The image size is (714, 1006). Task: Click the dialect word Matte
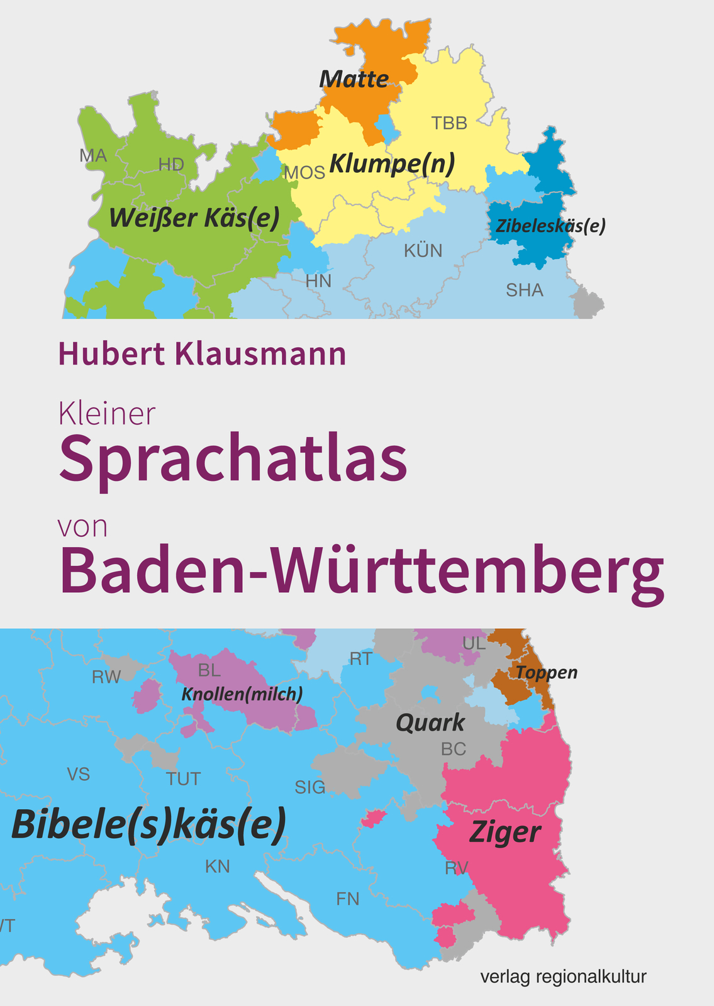(x=354, y=79)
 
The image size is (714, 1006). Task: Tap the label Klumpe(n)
(x=391, y=163)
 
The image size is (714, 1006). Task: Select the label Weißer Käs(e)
(x=194, y=218)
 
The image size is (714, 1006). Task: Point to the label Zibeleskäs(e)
(x=550, y=226)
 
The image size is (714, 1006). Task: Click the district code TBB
(x=449, y=123)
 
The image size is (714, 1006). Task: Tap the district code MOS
(x=304, y=172)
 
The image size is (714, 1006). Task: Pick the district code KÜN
(x=423, y=251)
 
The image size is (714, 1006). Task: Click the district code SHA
(x=525, y=290)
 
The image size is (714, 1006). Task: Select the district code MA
(x=93, y=155)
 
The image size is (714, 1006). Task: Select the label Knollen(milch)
(x=242, y=694)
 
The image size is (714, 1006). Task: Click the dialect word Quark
(x=430, y=723)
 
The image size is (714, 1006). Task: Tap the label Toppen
(x=546, y=672)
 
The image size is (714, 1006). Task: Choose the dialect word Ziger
(x=505, y=833)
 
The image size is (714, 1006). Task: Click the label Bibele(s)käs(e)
(x=149, y=825)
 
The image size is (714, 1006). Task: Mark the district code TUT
(x=183, y=779)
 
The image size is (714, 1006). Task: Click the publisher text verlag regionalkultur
(x=563, y=976)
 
